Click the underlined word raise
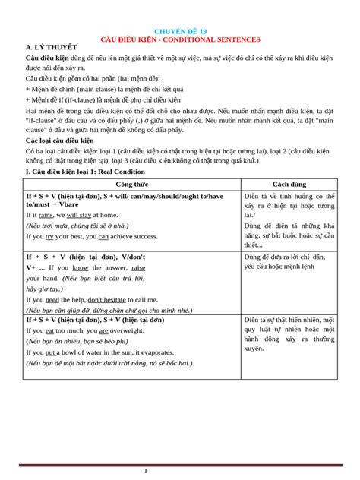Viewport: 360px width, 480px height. click(138, 268)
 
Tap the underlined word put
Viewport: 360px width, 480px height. click(52, 352)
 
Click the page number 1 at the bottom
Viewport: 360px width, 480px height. click(146, 472)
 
